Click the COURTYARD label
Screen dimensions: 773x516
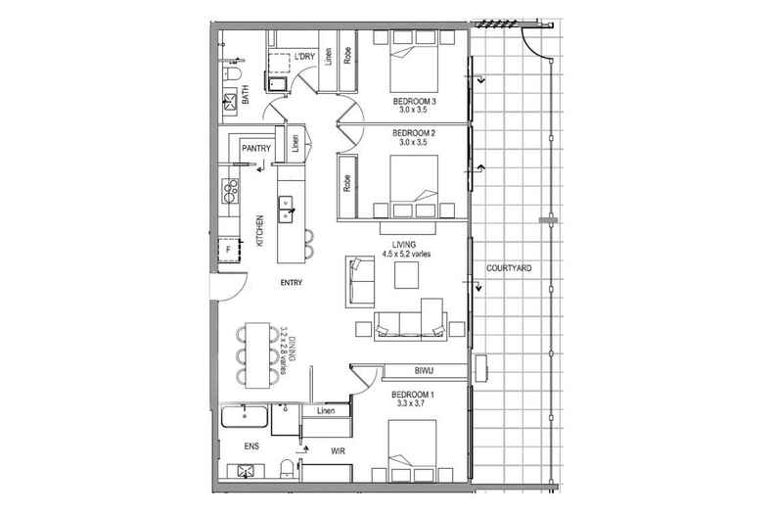(x=509, y=268)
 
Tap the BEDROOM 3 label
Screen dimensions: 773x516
(x=414, y=101)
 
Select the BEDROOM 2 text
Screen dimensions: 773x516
(x=414, y=133)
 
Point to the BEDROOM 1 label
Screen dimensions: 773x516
(x=413, y=395)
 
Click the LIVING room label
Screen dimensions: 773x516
(x=404, y=244)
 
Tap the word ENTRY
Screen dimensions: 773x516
(x=292, y=283)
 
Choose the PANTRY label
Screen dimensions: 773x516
(x=256, y=148)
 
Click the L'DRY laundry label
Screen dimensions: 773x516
(x=304, y=57)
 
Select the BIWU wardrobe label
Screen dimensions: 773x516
(x=424, y=370)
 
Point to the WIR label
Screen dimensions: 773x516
(x=338, y=450)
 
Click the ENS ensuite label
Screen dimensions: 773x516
(x=251, y=446)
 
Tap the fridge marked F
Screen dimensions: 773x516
(x=229, y=250)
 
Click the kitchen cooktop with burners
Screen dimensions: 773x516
(x=229, y=191)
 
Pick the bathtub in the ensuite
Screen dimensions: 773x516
(x=244, y=417)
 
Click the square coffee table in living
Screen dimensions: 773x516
(x=406, y=275)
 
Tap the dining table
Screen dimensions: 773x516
(x=258, y=355)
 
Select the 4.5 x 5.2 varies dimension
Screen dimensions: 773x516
(x=406, y=254)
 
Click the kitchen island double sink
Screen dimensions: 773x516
(x=286, y=209)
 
